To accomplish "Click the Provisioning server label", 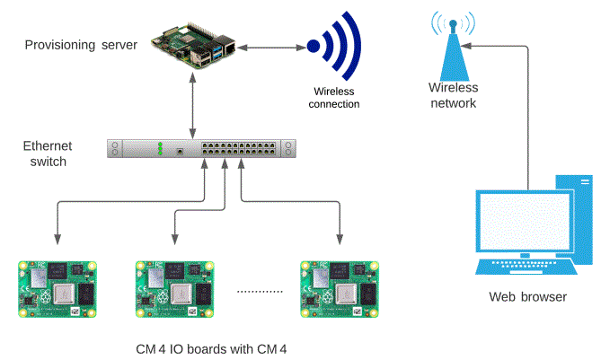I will [80, 45].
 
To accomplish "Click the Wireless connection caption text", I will [333, 97].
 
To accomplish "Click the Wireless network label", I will [453, 95].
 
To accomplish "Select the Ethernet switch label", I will [48, 154].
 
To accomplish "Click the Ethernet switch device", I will [201, 149].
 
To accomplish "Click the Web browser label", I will [527, 297].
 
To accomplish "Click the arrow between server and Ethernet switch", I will [193, 105].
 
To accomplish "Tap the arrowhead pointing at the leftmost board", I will [58, 240].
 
